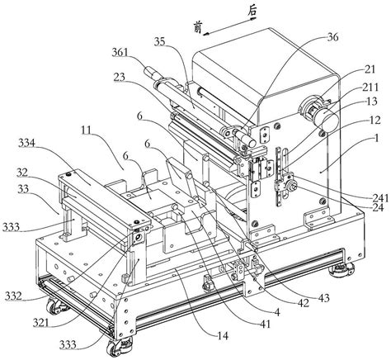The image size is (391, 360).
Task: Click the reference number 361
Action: [x=120, y=52]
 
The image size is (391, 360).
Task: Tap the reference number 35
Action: [x=159, y=41]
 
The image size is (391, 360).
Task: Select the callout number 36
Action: [x=332, y=37]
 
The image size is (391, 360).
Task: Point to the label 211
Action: [x=370, y=88]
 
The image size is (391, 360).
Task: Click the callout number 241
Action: [x=379, y=198]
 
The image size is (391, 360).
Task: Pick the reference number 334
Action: [x=27, y=144]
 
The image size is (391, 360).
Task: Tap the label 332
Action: [x=13, y=296]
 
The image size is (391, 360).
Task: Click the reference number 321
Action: [x=41, y=323]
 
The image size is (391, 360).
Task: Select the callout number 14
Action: [x=223, y=336]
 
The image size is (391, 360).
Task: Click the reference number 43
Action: [x=324, y=298]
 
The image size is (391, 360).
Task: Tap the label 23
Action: [x=120, y=78]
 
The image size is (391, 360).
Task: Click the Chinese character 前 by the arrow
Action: [x=197, y=28]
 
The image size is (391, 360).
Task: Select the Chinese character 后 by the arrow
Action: [x=252, y=12]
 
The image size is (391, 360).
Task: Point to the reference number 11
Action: [x=87, y=131]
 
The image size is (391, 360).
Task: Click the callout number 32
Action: [x=23, y=173]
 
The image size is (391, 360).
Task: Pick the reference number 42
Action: [x=304, y=302]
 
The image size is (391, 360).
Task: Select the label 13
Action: [x=372, y=102]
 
